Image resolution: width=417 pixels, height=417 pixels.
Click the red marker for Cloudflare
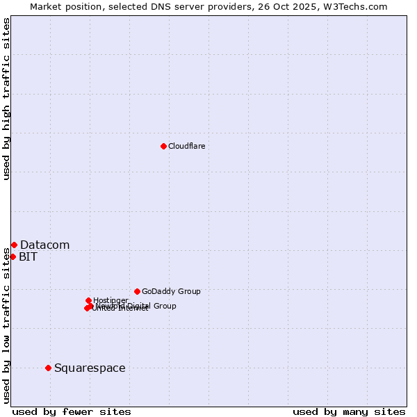[163, 146]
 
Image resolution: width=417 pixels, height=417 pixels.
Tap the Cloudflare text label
[186, 146]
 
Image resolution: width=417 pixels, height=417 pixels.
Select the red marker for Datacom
[14, 245]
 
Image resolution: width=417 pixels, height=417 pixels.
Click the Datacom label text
[44, 245]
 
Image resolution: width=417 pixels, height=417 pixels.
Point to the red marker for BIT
[13, 256]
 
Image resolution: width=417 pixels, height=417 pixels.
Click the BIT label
[28, 256]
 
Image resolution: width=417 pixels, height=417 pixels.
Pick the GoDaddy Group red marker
[137, 291]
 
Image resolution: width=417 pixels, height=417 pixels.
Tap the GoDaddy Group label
[171, 291]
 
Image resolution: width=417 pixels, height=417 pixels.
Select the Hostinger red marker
[88, 300]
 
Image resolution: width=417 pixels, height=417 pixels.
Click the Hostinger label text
[111, 300]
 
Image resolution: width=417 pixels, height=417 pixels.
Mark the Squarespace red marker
[48, 368]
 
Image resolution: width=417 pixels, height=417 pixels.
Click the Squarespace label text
[90, 368]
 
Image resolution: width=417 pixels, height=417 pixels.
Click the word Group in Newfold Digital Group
[164, 306]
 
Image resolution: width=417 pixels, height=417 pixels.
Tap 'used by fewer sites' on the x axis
[72, 411]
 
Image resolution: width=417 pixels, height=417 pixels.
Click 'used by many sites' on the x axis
[349, 411]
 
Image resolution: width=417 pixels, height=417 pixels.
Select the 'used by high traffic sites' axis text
[7, 99]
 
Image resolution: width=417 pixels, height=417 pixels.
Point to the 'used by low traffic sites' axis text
[7, 324]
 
